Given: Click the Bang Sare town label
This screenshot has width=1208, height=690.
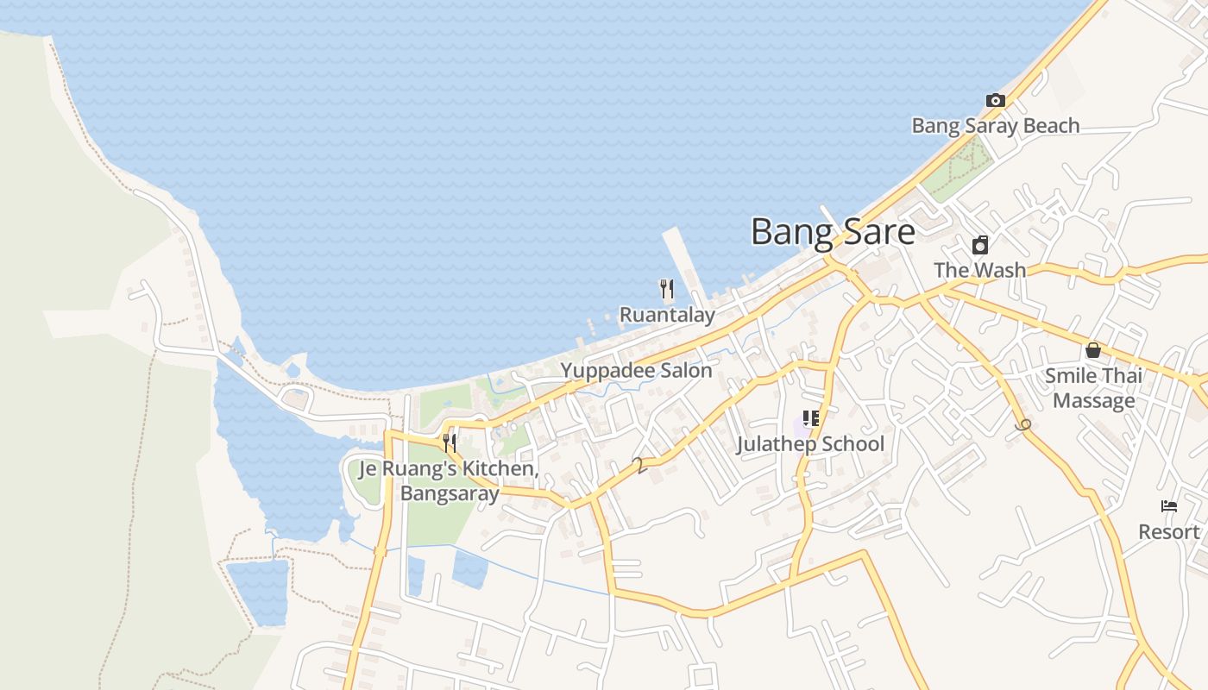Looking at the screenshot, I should (x=833, y=232).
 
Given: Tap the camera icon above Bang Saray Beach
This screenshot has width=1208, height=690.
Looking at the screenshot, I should (x=996, y=101).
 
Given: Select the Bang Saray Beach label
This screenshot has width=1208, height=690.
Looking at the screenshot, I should (x=996, y=126).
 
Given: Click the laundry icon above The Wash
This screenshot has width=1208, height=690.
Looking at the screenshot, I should (x=980, y=245).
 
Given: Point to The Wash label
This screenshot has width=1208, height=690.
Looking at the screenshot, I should (x=980, y=270).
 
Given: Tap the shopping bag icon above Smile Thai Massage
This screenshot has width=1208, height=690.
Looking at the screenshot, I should (x=1093, y=350).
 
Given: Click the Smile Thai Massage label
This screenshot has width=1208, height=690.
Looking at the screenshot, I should (x=1094, y=388).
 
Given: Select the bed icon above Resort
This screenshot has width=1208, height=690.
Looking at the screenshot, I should (x=1169, y=506).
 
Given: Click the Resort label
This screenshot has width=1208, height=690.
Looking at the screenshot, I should (x=1169, y=531).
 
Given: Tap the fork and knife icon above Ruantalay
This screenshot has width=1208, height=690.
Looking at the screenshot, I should (x=667, y=289).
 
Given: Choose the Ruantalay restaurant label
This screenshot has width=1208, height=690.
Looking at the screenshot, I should (x=667, y=315).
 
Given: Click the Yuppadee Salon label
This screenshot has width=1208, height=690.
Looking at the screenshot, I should (x=637, y=371).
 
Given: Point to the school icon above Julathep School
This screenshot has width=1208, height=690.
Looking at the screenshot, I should (x=810, y=419).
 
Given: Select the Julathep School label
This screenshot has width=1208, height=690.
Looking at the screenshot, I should (x=810, y=444).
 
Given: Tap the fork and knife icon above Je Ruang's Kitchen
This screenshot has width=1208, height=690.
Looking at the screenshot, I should (x=450, y=443).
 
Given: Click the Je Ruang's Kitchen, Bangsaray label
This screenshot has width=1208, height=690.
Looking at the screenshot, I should (x=449, y=481).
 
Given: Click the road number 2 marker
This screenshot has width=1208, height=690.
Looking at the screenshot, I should (x=639, y=466).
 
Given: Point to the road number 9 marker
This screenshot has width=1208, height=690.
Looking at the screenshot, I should (x=1024, y=424).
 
